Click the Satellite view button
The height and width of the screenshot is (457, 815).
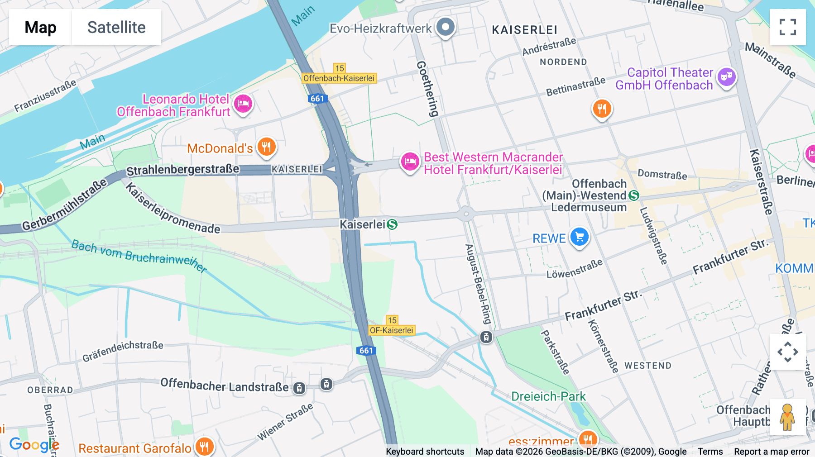click(116, 27)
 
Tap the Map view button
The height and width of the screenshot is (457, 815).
click(40, 27)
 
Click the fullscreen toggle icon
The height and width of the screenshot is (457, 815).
click(787, 27)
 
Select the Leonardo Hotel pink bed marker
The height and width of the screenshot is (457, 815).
click(243, 104)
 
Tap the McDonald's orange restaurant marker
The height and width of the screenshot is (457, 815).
click(267, 147)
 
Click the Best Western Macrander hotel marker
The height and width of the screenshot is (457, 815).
click(410, 162)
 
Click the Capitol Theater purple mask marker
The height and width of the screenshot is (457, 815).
click(726, 77)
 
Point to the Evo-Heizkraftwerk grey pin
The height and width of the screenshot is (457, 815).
click(446, 27)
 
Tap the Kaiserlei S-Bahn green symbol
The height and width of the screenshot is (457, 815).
click(393, 224)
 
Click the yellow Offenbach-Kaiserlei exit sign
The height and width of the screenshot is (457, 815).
click(339, 78)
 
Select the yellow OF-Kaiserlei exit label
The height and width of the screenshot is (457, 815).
click(392, 330)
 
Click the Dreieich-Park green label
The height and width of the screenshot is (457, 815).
click(548, 396)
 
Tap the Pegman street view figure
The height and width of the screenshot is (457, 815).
click(787, 417)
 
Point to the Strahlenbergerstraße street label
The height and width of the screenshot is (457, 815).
click(182, 170)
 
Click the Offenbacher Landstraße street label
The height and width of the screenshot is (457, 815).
click(224, 386)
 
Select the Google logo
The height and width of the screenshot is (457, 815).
click(34, 445)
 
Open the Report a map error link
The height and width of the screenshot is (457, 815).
click(772, 452)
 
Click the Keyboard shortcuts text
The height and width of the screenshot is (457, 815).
click(425, 452)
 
